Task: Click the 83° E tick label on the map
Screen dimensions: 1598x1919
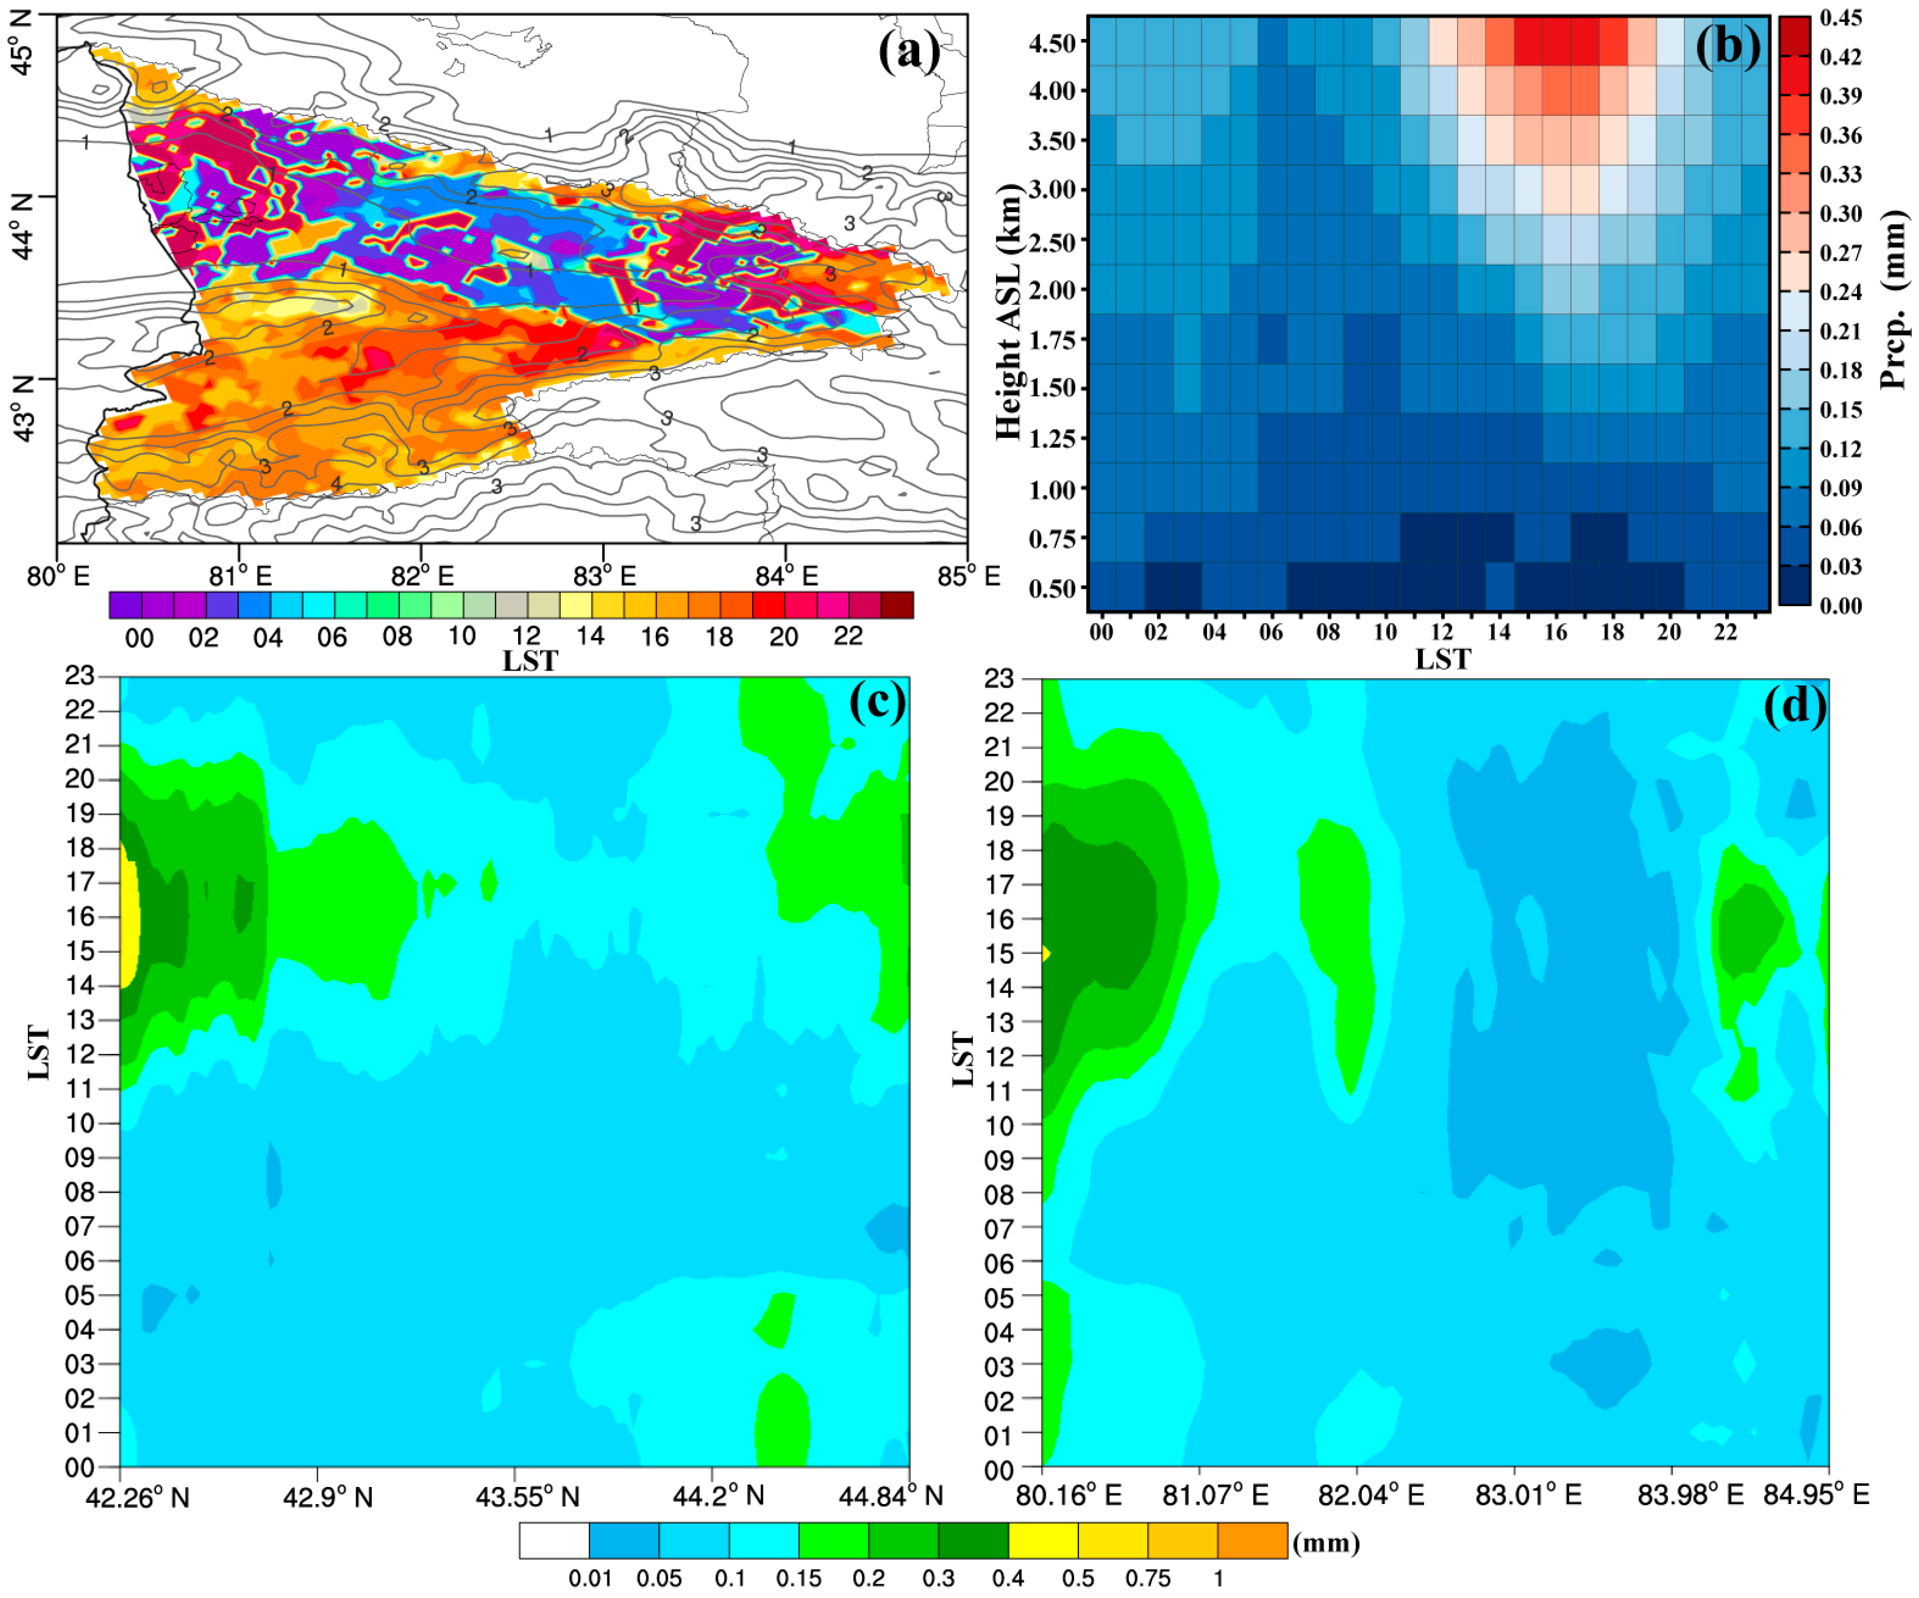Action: [604, 577]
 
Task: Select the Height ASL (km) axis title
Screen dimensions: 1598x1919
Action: [1008, 311]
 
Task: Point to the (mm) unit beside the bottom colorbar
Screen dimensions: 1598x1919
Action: [1326, 1543]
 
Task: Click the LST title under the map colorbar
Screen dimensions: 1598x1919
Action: [530, 660]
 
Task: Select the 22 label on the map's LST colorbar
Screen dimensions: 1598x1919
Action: [848, 636]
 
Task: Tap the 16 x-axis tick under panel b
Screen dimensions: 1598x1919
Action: [1555, 632]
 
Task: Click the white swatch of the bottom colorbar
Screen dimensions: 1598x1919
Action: [554, 1541]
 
